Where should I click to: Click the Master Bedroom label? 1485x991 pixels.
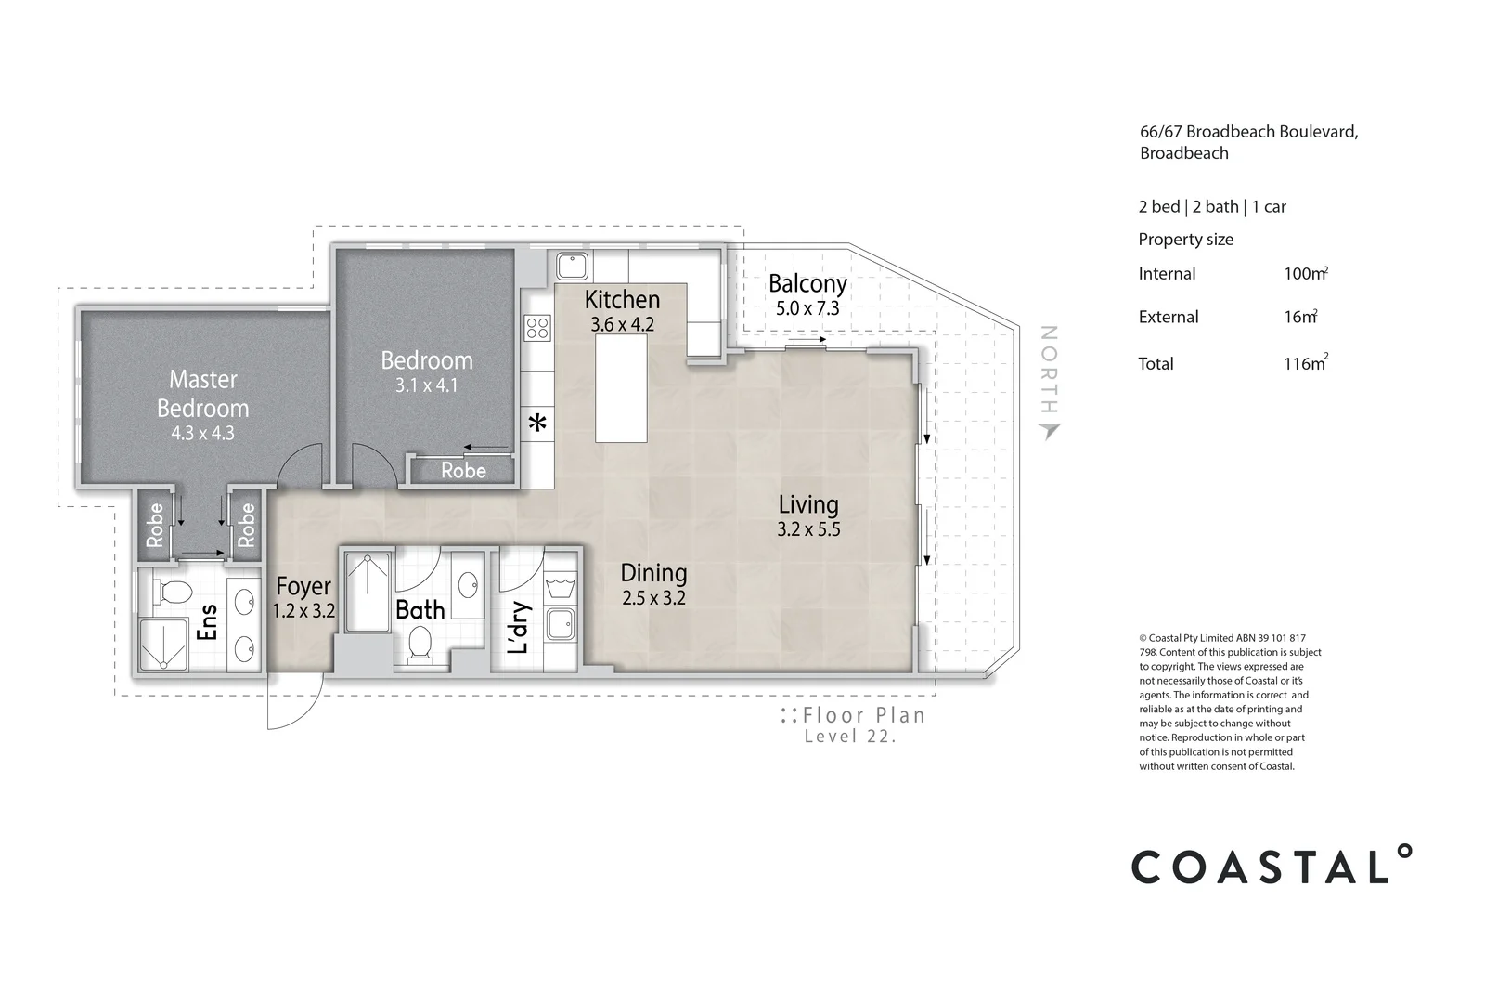click(202, 393)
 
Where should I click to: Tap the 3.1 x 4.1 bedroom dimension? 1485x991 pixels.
click(426, 385)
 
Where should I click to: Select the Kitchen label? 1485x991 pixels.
click(622, 299)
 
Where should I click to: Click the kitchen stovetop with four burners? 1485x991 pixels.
click(537, 327)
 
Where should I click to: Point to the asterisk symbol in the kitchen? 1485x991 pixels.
click(536, 424)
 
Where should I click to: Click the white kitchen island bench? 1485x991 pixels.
click(621, 388)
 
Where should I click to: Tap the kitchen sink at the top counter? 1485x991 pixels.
click(572, 267)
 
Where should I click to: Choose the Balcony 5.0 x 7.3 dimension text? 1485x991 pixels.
click(807, 308)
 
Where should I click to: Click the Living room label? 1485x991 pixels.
click(807, 504)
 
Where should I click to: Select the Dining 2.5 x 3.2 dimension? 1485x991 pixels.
click(653, 598)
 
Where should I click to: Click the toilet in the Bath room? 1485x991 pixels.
click(420, 644)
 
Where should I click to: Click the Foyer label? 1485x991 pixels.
click(303, 586)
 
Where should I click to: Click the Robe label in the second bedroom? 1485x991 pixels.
click(463, 471)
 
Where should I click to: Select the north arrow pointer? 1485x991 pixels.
click(1050, 430)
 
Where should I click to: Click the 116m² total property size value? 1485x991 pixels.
click(1305, 363)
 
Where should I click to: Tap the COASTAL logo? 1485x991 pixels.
click(1271, 866)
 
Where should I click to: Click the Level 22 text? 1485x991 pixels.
click(850, 737)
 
